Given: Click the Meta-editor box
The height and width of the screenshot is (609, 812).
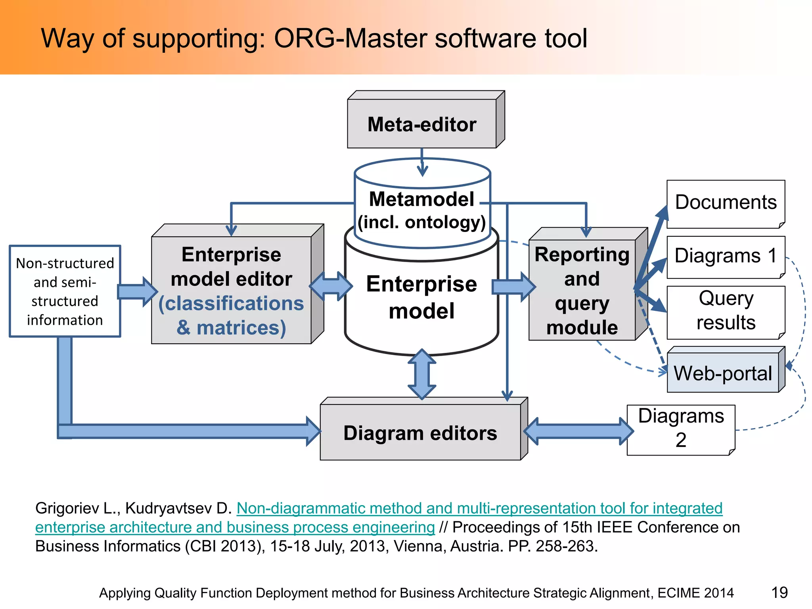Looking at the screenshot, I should pyautogui.click(x=421, y=124).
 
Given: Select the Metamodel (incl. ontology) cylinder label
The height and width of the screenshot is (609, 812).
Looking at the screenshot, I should pyautogui.click(x=421, y=211).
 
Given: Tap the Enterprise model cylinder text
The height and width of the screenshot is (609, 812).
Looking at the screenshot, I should pyautogui.click(x=421, y=297).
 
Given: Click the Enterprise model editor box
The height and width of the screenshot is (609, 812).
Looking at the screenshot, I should pyautogui.click(x=232, y=290).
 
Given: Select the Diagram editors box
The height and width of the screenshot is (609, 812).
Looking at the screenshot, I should pyautogui.click(x=420, y=433).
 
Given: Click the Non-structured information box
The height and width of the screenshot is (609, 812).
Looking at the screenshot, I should pyautogui.click(x=65, y=291).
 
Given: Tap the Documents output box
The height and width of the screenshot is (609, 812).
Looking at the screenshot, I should pyautogui.click(x=726, y=203).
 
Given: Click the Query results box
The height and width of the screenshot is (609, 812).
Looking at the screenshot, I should pyautogui.click(x=726, y=310).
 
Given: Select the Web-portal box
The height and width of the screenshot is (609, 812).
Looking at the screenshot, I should pyautogui.click(x=723, y=373).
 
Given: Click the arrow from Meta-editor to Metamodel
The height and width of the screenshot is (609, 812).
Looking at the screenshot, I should pyautogui.click(x=422, y=163).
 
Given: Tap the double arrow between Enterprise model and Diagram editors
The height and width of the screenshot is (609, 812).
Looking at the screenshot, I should pyautogui.click(x=422, y=374).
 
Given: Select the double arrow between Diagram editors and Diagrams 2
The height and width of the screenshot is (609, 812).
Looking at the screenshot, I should pyautogui.click(x=578, y=431).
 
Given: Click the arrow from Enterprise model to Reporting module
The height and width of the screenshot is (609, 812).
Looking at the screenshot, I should pyautogui.click(x=513, y=287).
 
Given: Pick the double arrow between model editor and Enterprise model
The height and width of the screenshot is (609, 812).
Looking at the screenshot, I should pyautogui.click(x=331, y=286).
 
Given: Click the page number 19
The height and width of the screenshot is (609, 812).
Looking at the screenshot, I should pyautogui.click(x=779, y=593).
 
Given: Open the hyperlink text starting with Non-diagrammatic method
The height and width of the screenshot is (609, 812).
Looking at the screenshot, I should pyautogui.click(x=479, y=508).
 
